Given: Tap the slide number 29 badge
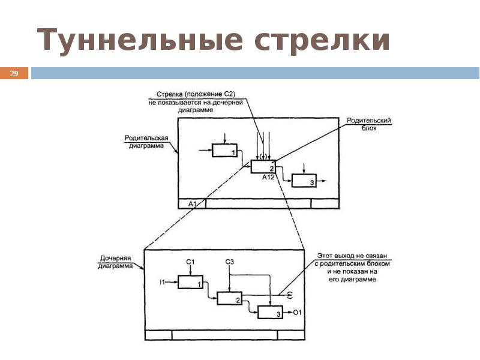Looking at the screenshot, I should [14, 74].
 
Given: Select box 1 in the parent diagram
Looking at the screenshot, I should [224, 151].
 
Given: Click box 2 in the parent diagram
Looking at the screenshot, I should [263, 166].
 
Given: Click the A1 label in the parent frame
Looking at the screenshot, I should [193, 204].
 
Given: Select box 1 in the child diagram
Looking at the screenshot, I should [190, 281].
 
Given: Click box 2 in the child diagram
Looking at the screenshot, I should [229, 298].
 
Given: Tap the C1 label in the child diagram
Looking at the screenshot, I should [190, 262].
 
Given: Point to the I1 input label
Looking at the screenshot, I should [162, 281].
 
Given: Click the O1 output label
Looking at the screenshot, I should [297, 313].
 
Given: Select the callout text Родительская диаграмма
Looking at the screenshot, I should [147, 142].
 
